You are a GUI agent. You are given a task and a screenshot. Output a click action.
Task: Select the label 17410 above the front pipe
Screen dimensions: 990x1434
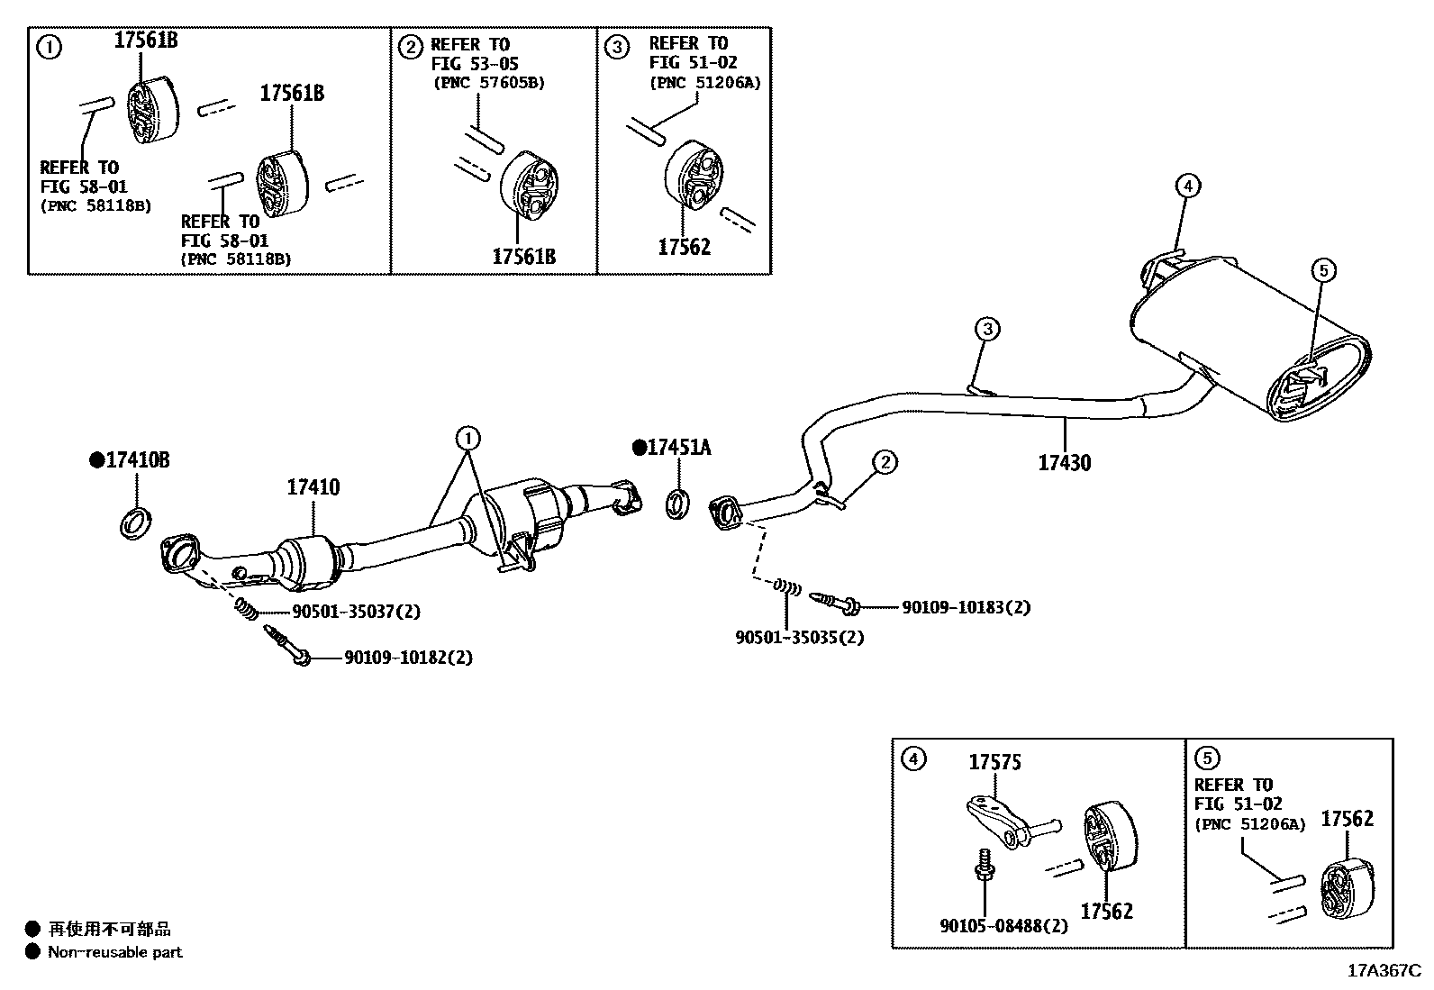coord(313,487)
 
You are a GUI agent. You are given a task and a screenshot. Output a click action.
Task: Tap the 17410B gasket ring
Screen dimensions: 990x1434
coord(135,522)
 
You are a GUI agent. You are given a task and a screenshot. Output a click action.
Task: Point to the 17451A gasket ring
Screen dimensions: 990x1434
coord(678,504)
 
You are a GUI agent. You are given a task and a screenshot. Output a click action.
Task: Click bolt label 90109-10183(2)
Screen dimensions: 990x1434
coord(966,607)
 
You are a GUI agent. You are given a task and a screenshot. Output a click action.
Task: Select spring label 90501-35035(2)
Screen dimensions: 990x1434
coord(800,637)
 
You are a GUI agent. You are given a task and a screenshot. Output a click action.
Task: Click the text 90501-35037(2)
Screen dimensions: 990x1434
coord(356,612)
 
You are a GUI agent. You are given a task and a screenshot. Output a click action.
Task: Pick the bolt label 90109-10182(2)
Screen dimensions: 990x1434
coord(408,658)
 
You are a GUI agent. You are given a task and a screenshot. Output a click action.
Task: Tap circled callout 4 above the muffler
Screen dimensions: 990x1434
coord(1187,186)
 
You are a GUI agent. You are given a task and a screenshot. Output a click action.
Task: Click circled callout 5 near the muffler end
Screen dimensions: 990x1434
coord(1322,269)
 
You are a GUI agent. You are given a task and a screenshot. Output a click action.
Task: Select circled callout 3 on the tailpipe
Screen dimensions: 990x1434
coord(987,329)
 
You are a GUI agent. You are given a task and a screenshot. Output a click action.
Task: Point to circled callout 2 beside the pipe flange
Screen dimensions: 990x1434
coord(885,462)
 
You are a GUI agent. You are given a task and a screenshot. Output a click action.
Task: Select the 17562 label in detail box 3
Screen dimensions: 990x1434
coord(684,247)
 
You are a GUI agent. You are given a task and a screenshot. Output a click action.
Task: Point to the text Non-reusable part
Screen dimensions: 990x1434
coord(114,952)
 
